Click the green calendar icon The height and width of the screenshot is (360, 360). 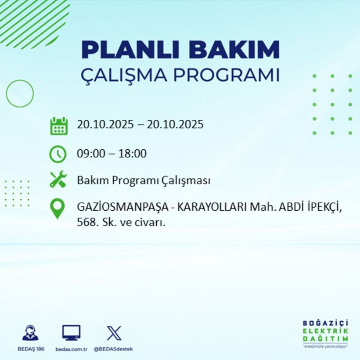[x=59, y=126]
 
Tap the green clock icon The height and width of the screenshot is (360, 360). [x=58, y=154]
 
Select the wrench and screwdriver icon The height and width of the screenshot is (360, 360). [x=58, y=180]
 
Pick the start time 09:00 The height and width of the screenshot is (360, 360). [x=90, y=154]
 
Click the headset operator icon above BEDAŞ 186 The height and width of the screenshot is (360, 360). [x=30, y=333]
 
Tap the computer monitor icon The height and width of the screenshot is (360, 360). [x=71, y=333]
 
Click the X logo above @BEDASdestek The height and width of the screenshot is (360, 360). [x=114, y=333]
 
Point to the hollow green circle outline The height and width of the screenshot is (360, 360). [x=20, y=94]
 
